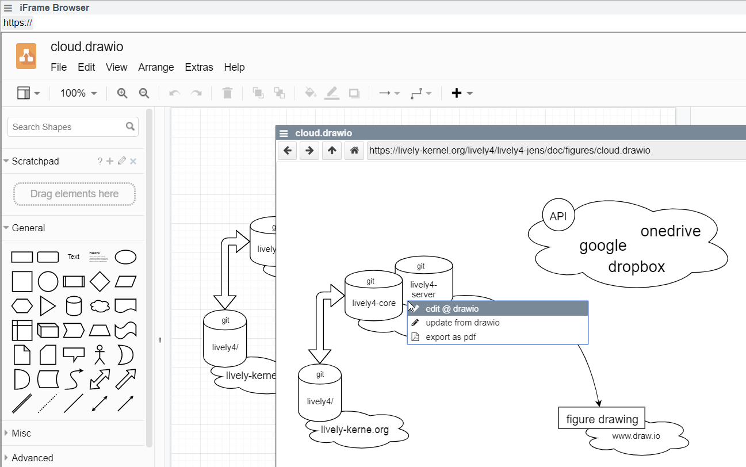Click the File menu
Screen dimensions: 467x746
click(x=59, y=67)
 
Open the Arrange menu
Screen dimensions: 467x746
click(x=156, y=67)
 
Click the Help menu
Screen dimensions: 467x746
click(x=234, y=67)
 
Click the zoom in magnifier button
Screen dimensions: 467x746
click(x=122, y=93)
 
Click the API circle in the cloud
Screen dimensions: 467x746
click(x=558, y=216)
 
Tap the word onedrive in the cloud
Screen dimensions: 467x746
click(x=671, y=231)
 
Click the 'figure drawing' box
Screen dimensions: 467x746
click(x=602, y=419)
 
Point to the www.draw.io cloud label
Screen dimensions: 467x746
click(x=636, y=436)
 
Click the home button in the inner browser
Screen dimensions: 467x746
click(x=354, y=151)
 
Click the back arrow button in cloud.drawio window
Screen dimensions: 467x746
click(x=288, y=151)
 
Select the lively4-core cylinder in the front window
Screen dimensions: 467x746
click(x=373, y=296)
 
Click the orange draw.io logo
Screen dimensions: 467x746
click(x=26, y=56)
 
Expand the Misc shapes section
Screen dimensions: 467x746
click(x=21, y=433)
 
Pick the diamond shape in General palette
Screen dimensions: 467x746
click(x=100, y=282)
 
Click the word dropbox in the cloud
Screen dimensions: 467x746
click(x=636, y=267)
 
